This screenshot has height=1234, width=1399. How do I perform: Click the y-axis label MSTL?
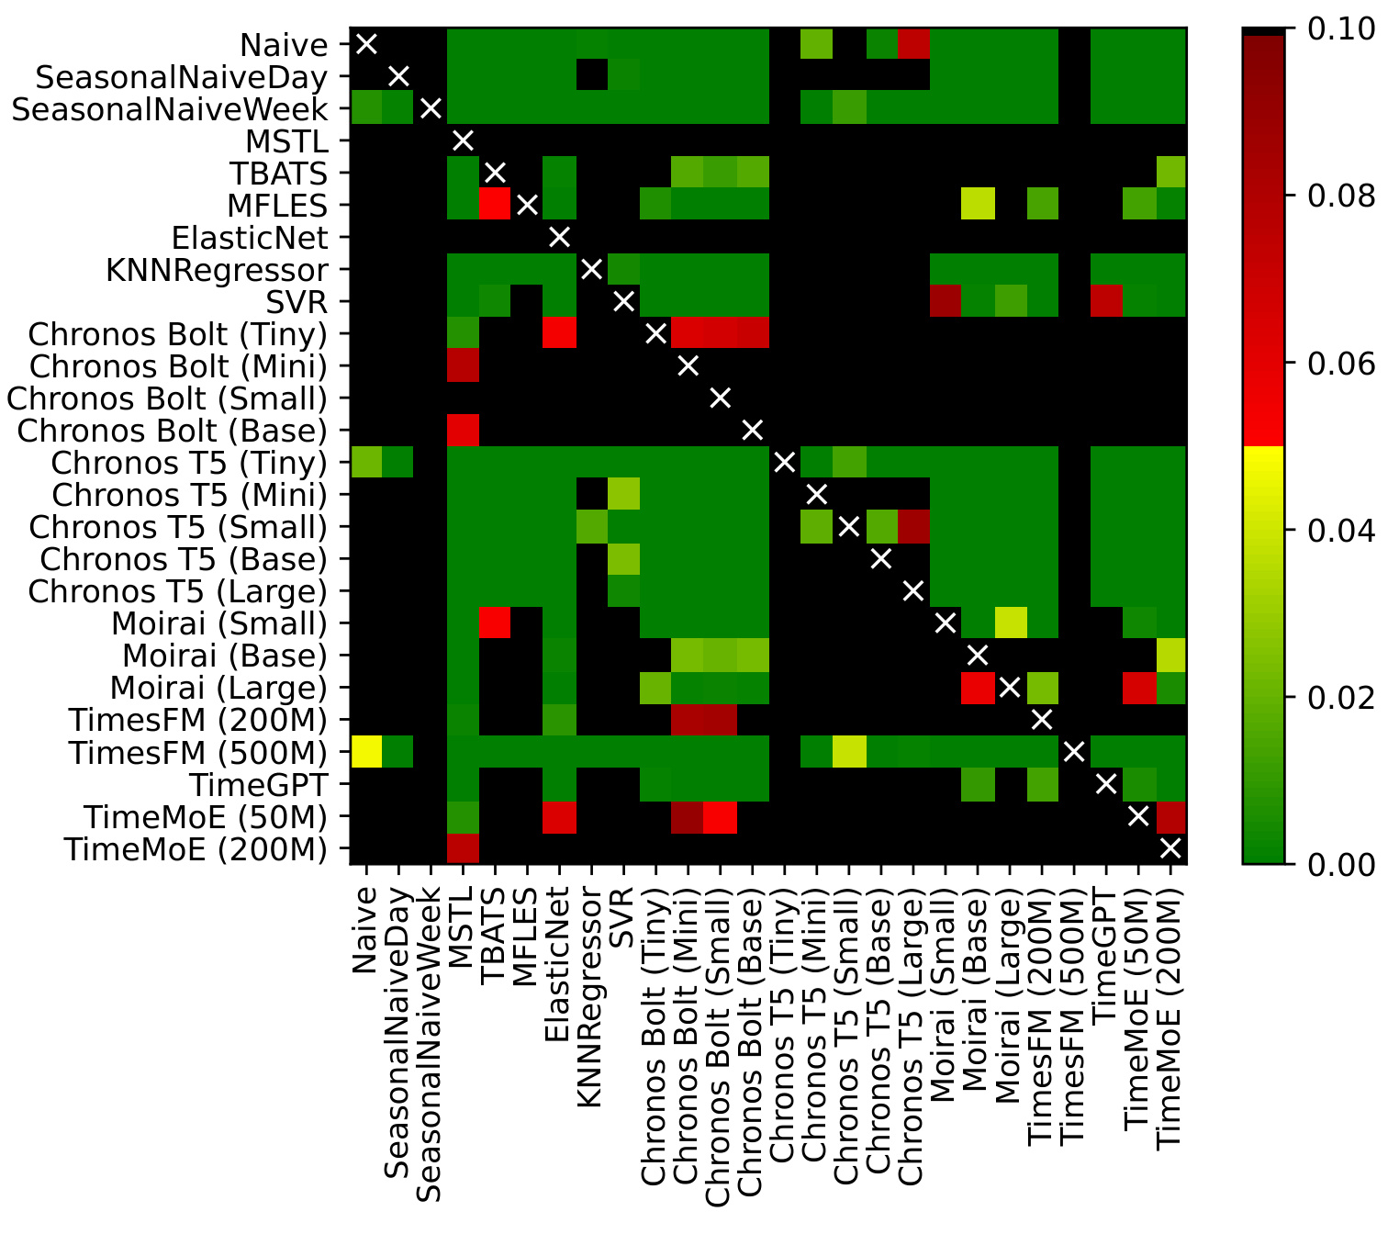pyautogui.click(x=286, y=141)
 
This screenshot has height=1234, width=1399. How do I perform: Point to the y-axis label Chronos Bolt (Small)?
pyautogui.click(x=167, y=398)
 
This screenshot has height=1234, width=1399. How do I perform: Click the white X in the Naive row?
pyautogui.click(x=366, y=44)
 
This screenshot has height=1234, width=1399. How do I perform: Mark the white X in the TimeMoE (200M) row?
pyautogui.click(x=1170, y=848)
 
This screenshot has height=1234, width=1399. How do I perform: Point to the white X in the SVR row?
pyautogui.click(x=623, y=301)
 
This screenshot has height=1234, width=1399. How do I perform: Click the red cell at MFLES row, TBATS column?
pyautogui.click(x=495, y=205)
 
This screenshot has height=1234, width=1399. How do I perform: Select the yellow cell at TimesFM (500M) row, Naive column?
pyautogui.click(x=366, y=752)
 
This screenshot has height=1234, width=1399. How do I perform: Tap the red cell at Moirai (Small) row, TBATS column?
pyautogui.click(x=495, y=623)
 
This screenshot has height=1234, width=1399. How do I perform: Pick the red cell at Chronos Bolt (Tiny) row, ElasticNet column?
pyautogui.click(x=559, y=333)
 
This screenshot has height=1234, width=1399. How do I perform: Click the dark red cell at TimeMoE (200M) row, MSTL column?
pyautogui.click(x=463, y=848)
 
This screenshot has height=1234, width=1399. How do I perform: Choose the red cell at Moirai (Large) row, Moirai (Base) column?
pyautogui.click(x=977, y=688)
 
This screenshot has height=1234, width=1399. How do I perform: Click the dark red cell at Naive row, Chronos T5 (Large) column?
pyautogui.click(x=912, y=44)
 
